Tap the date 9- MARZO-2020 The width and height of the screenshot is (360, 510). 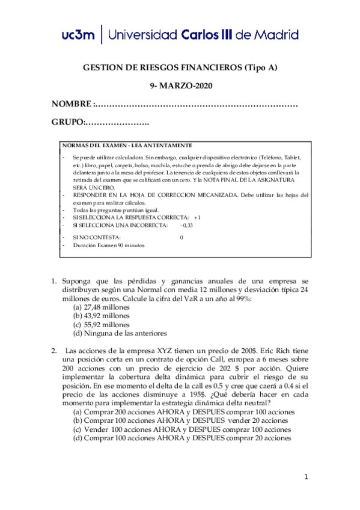180,86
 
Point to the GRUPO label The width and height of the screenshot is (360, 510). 67,123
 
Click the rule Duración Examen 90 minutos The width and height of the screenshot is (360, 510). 109,245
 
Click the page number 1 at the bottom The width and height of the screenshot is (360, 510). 306,478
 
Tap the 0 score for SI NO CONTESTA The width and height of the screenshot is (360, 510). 182,238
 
